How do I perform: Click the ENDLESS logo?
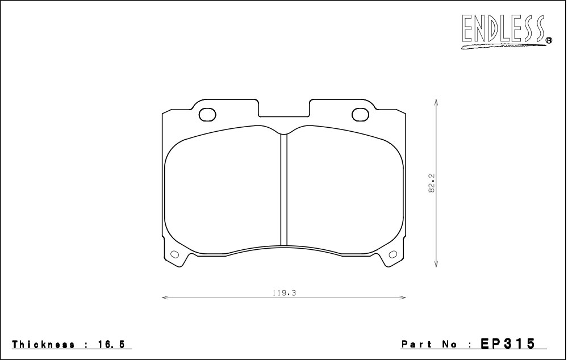[503, 31]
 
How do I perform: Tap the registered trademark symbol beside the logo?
[549, 40]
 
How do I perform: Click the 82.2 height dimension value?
[432, 183]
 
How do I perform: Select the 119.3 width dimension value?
[285, 293]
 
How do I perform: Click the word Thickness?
[44, 345]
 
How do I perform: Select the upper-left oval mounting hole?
[207, 115]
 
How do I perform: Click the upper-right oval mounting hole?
[360, 115]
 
